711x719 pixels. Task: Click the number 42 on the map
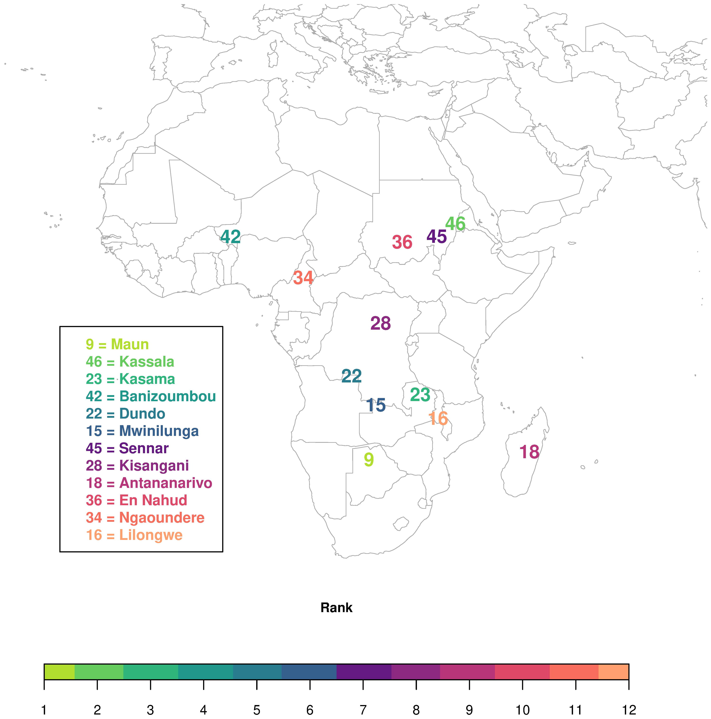click(231, 237)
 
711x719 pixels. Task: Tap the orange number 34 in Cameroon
click(303, 278)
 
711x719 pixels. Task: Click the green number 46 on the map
click(455, 223)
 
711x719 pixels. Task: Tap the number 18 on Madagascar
click(529, 452)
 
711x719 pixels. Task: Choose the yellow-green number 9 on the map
click(369, 460)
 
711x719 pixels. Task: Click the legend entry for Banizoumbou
click(150, 396)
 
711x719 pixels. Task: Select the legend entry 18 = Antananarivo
click(149, 483)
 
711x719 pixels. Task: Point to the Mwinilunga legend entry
click(142, 431)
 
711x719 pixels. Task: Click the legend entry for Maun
click(117, 344)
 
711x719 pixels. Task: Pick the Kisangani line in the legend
click(137, 466)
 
